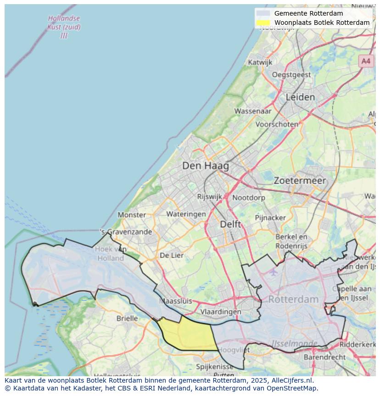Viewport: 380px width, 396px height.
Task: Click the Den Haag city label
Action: (x=205, y=166)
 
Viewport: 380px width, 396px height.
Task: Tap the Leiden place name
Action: (x=300, y=97)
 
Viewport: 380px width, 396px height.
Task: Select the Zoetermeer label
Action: (x=300, y=181)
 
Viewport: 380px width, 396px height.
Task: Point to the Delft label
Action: (x=230, y=224)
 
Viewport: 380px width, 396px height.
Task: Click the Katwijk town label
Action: (x=260, y=62)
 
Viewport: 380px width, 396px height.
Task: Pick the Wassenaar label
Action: (x=253, y=111)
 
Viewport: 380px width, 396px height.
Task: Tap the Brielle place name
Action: (x=127, y=318)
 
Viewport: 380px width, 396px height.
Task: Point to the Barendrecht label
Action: (x=324, y=357)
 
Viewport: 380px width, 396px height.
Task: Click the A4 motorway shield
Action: (x=365, y=61)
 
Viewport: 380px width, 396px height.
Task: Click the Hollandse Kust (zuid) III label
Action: (x=64, y=27)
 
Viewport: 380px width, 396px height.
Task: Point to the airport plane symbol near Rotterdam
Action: (x=274, y=272)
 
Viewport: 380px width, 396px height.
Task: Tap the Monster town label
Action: (x=132, y=215)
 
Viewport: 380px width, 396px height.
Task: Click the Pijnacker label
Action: (x=270, y=217)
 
